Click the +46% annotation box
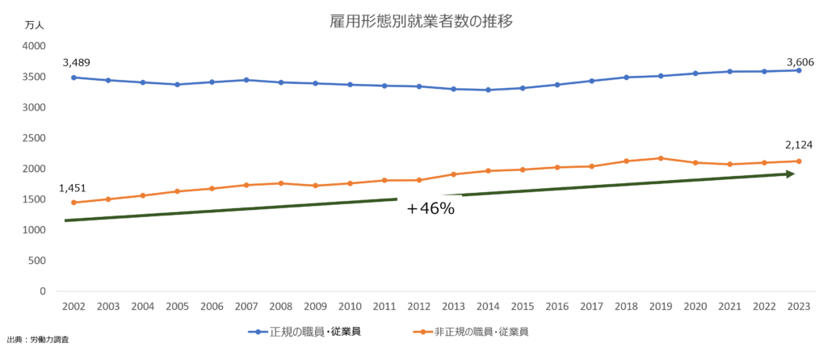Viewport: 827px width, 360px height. [x=430, y=208]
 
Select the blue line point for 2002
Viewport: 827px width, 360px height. [x=73, y=77]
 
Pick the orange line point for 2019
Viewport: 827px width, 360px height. [x=661, y=158]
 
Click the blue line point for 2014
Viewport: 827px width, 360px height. [x=488, y=90]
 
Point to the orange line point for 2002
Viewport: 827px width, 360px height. [x=73, y=203]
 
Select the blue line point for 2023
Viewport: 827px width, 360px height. [x=799, y=70]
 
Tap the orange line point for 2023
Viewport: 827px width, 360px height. [x=799, y=161]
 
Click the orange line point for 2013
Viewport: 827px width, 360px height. [x=454, y=174]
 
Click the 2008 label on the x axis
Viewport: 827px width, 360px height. [x=280, y=307]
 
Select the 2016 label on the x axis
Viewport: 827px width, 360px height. [x=556, y=307]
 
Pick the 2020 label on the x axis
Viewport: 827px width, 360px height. [x=695, y=307]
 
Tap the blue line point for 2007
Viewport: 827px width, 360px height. [x=246, y=80]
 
